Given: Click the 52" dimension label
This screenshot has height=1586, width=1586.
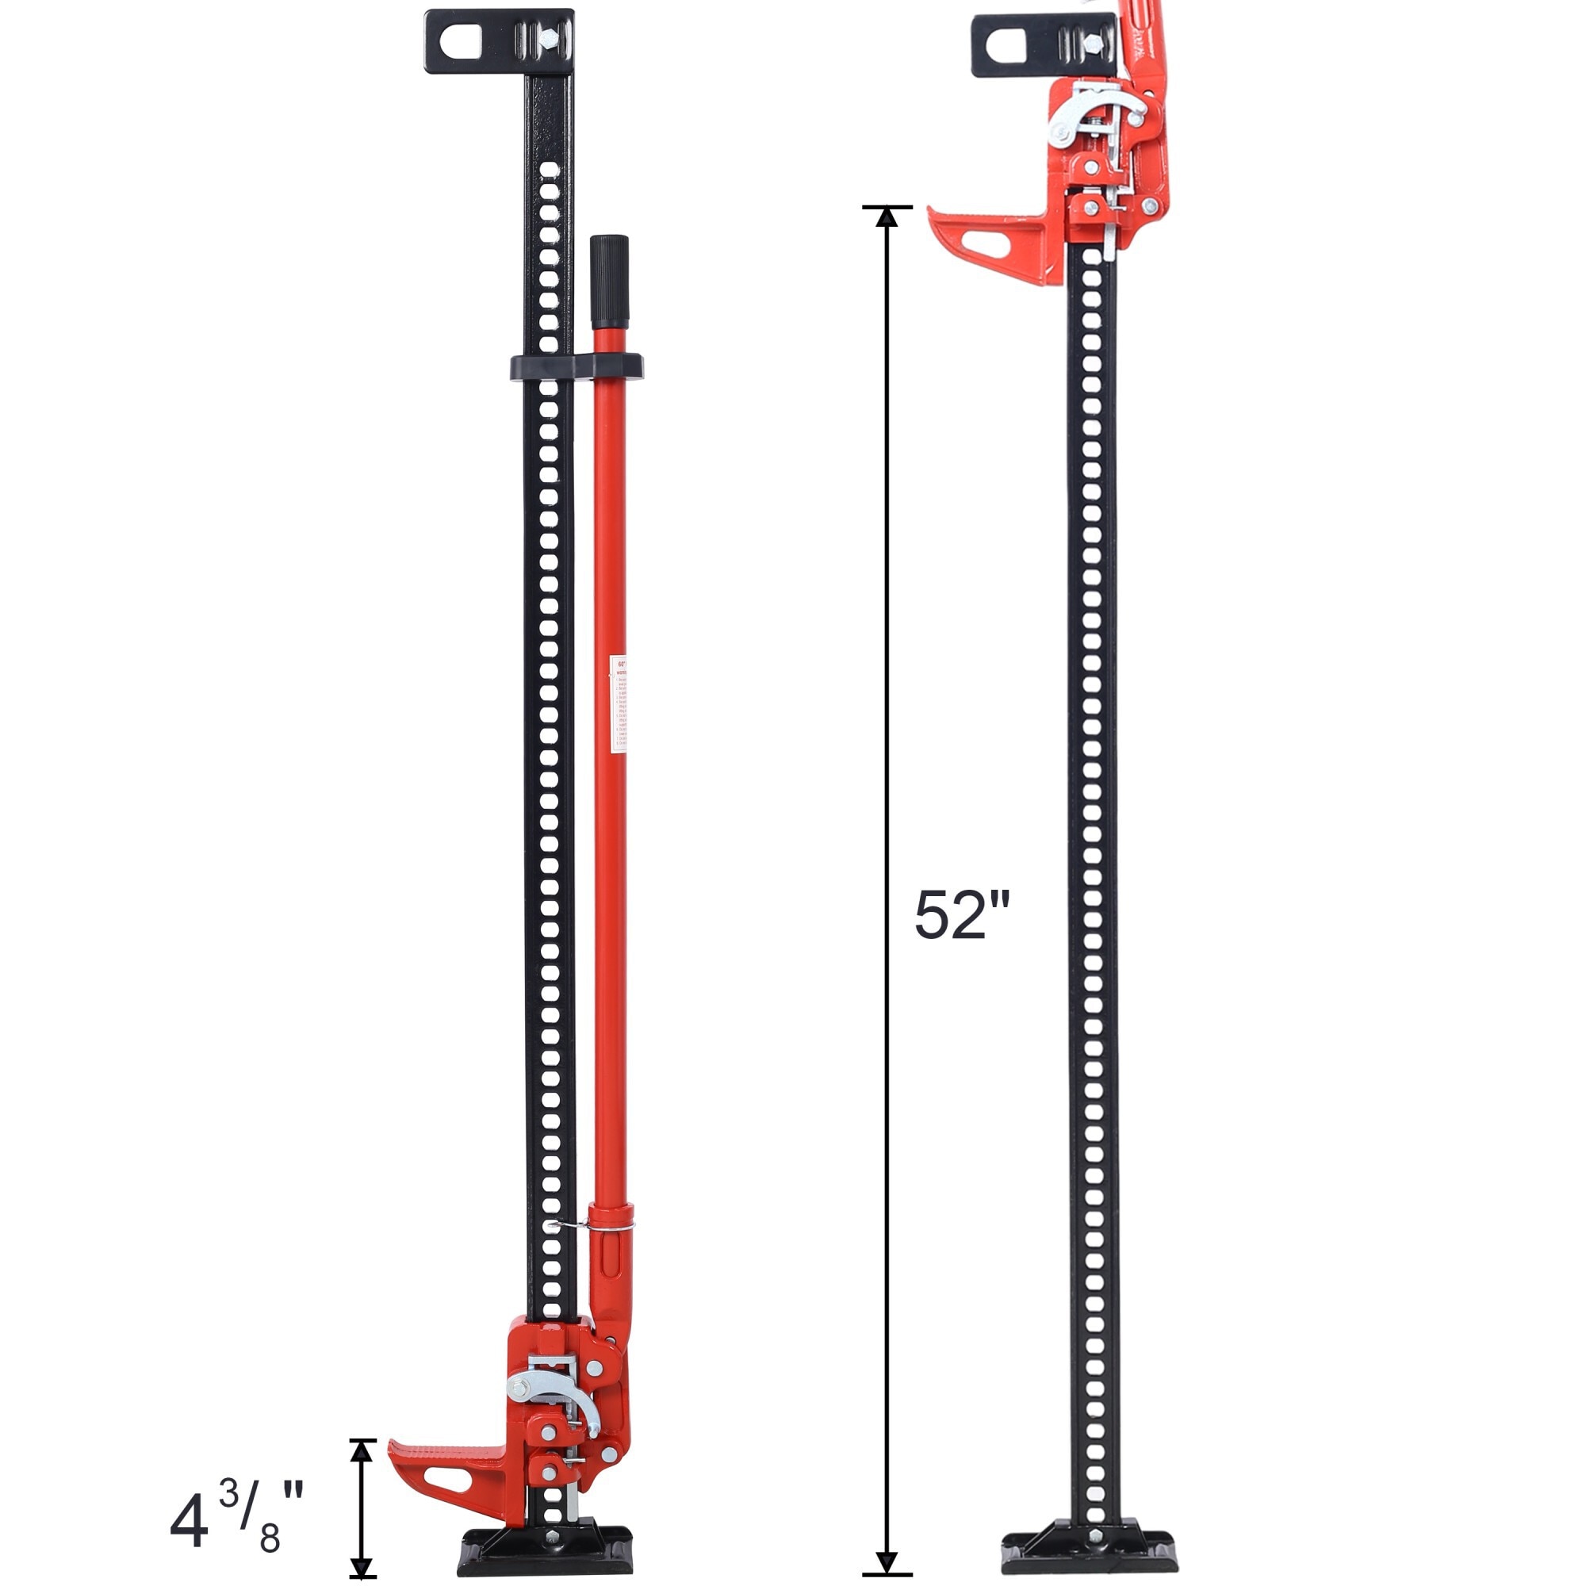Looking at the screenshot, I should [961, 916].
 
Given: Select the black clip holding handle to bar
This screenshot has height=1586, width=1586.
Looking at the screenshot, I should [577, 367].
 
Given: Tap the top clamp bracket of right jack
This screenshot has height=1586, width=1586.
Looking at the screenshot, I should [1043, 47].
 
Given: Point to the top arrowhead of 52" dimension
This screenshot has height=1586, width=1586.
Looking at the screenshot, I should [886, 216].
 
